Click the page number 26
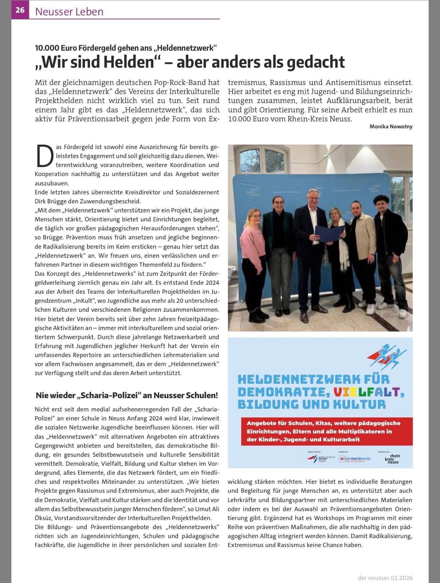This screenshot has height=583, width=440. point(20,10)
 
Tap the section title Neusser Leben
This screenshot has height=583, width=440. point(69,11)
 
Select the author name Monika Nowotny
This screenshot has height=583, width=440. point(391,126)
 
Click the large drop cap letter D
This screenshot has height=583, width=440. point(43,156)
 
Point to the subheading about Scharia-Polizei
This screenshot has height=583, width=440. point(127,395)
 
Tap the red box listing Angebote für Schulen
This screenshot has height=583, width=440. point(326,431)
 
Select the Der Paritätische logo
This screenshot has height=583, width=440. point(355,459)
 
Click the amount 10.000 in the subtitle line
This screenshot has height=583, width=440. point(47,48)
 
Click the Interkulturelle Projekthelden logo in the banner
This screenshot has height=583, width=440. point(317,459)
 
